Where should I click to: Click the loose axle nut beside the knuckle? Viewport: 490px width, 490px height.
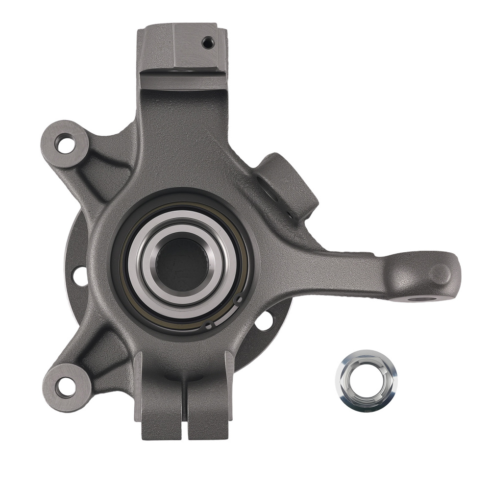point(367,380)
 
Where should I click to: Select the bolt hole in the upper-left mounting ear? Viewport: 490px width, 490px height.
point(64,145)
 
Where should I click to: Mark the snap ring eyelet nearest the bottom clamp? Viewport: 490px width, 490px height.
point(209,325)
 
